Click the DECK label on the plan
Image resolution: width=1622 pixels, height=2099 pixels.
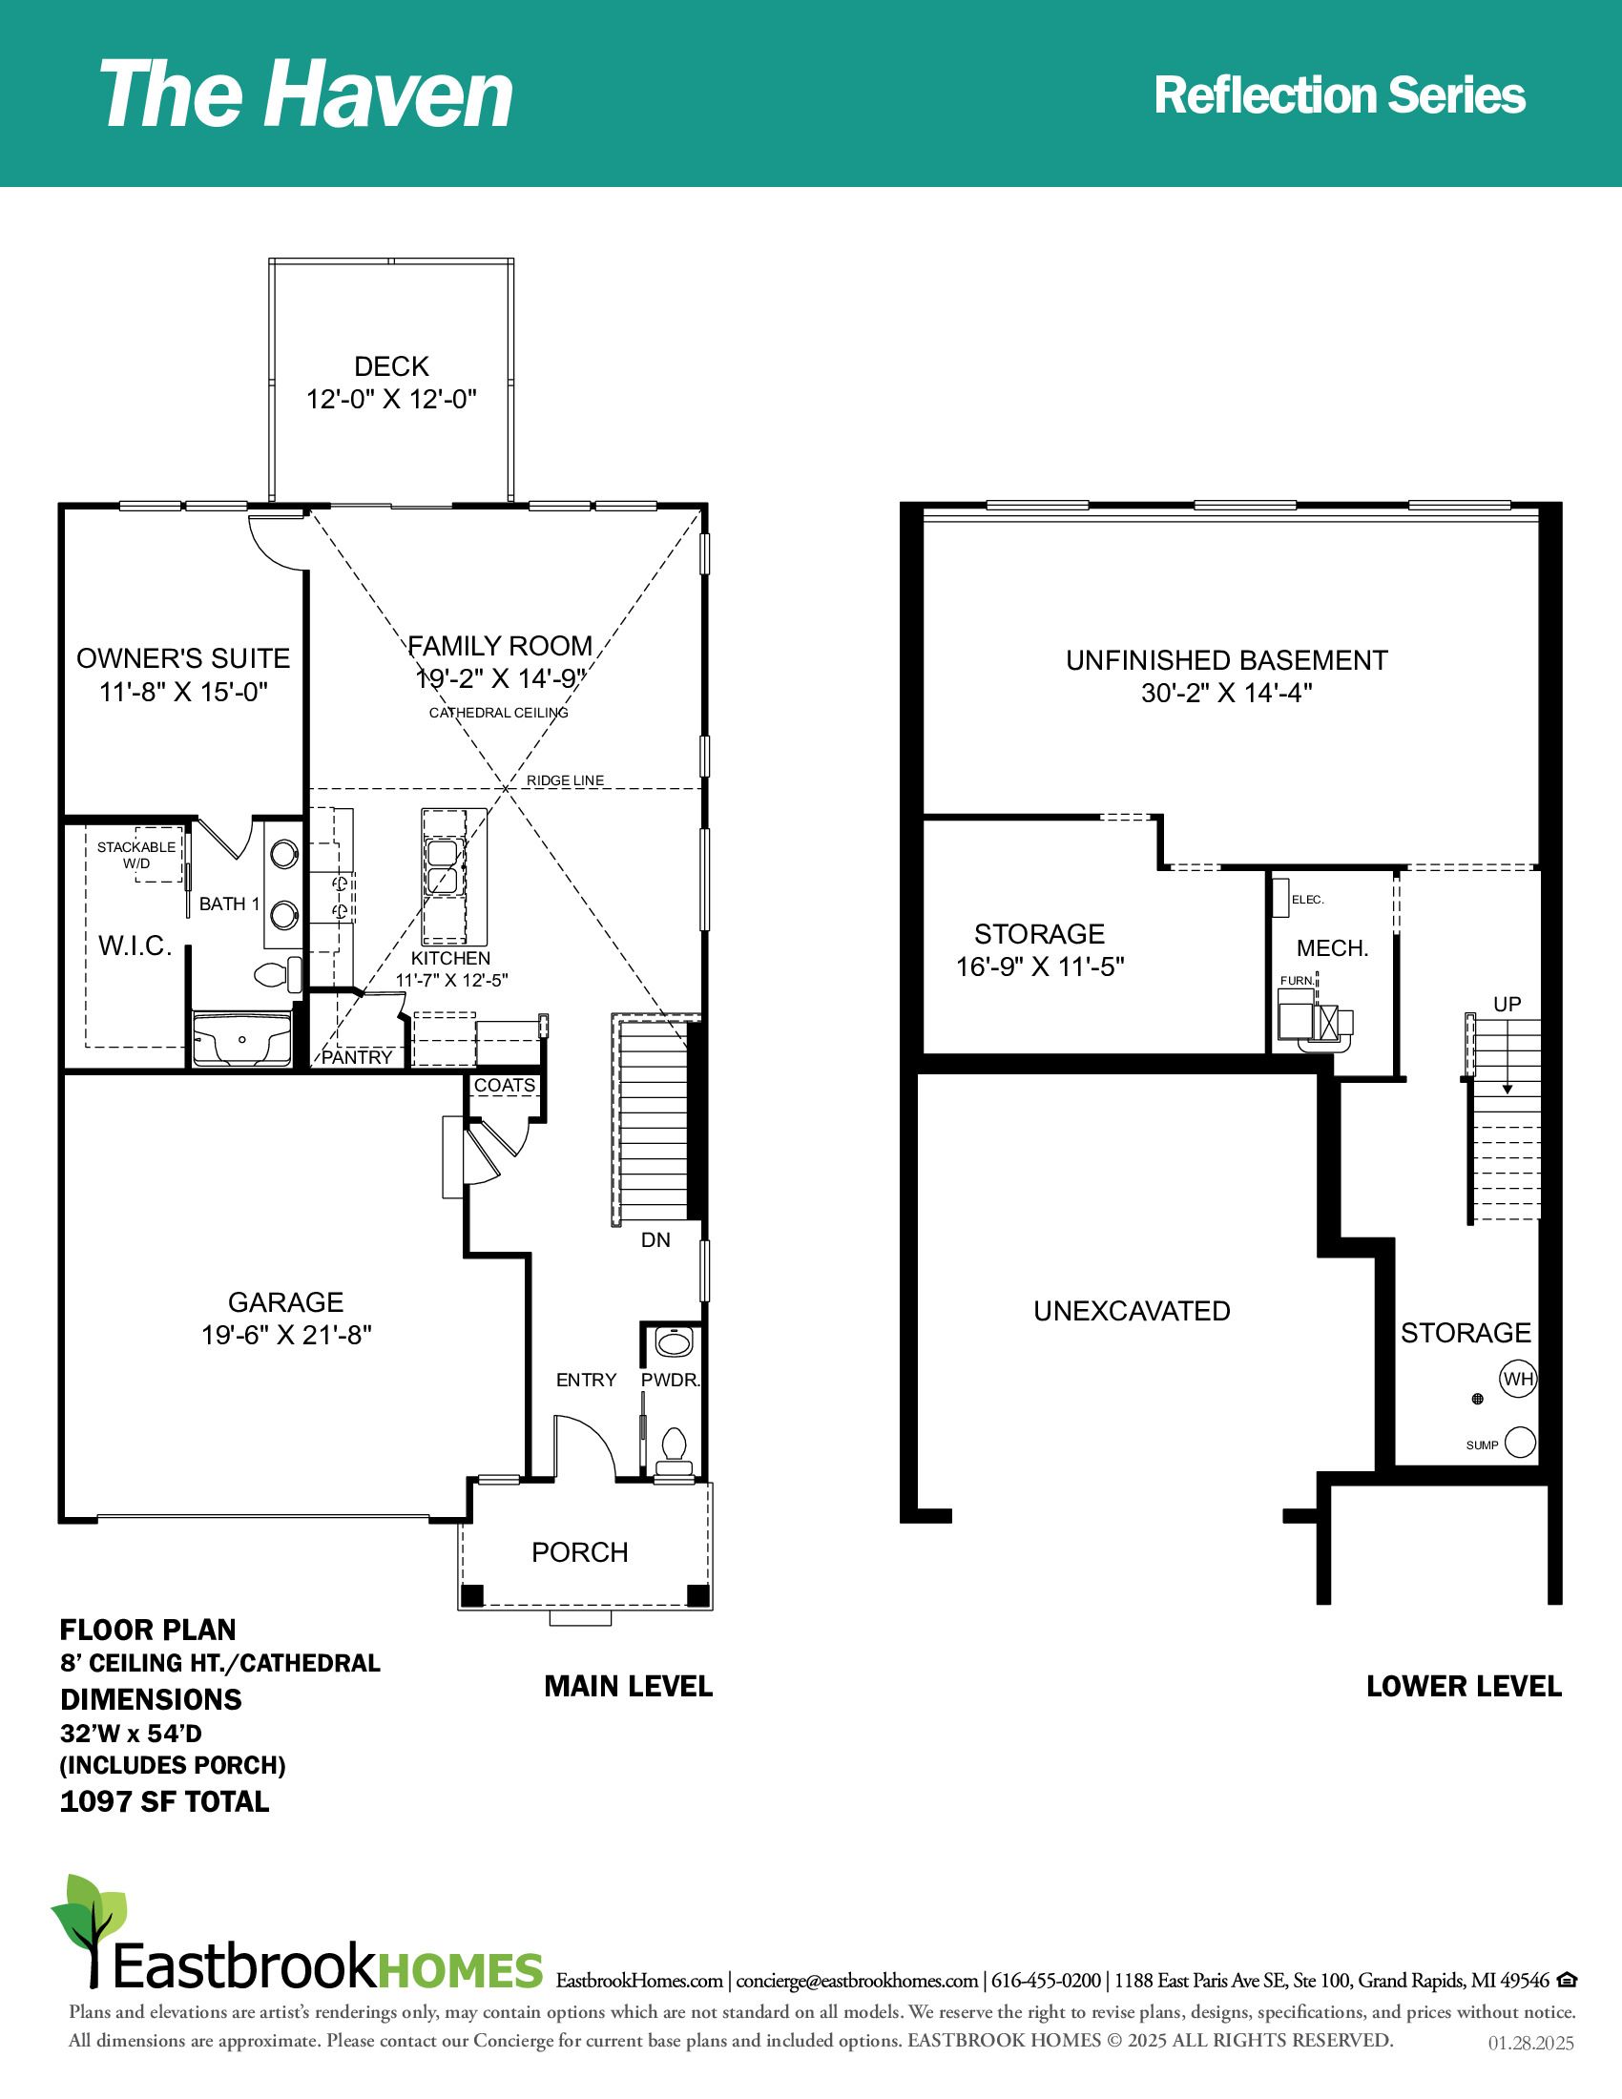[391, 366]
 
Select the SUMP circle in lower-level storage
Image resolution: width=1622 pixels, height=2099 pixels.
[1520, 1443]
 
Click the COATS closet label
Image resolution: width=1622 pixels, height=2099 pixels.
[505, 1085]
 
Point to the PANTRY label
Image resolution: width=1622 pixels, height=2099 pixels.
[357, 1057]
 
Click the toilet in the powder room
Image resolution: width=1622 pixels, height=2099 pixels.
[674, 1451]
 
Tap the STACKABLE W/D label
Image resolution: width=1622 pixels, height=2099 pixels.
[136, 855]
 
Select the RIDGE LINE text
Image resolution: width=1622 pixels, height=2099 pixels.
[565, 780]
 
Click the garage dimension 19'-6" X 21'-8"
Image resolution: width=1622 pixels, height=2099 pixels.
[286, 1335]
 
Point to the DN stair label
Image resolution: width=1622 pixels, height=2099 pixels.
[655, 1239]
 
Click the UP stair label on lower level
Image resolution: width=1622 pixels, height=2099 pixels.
[1507, 1004]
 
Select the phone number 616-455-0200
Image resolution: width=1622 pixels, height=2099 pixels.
[1047, 1981]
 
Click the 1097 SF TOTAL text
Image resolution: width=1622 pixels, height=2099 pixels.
[164, 1801]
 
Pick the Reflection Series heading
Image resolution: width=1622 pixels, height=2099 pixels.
[1340, 95]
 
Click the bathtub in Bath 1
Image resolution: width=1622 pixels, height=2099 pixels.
[242, 1039]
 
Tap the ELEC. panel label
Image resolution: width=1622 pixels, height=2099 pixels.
[1308, 900]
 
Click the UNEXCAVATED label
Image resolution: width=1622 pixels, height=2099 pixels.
[1132, 1311]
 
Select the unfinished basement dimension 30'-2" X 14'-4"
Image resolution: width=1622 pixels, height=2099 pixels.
[1227, 693]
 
